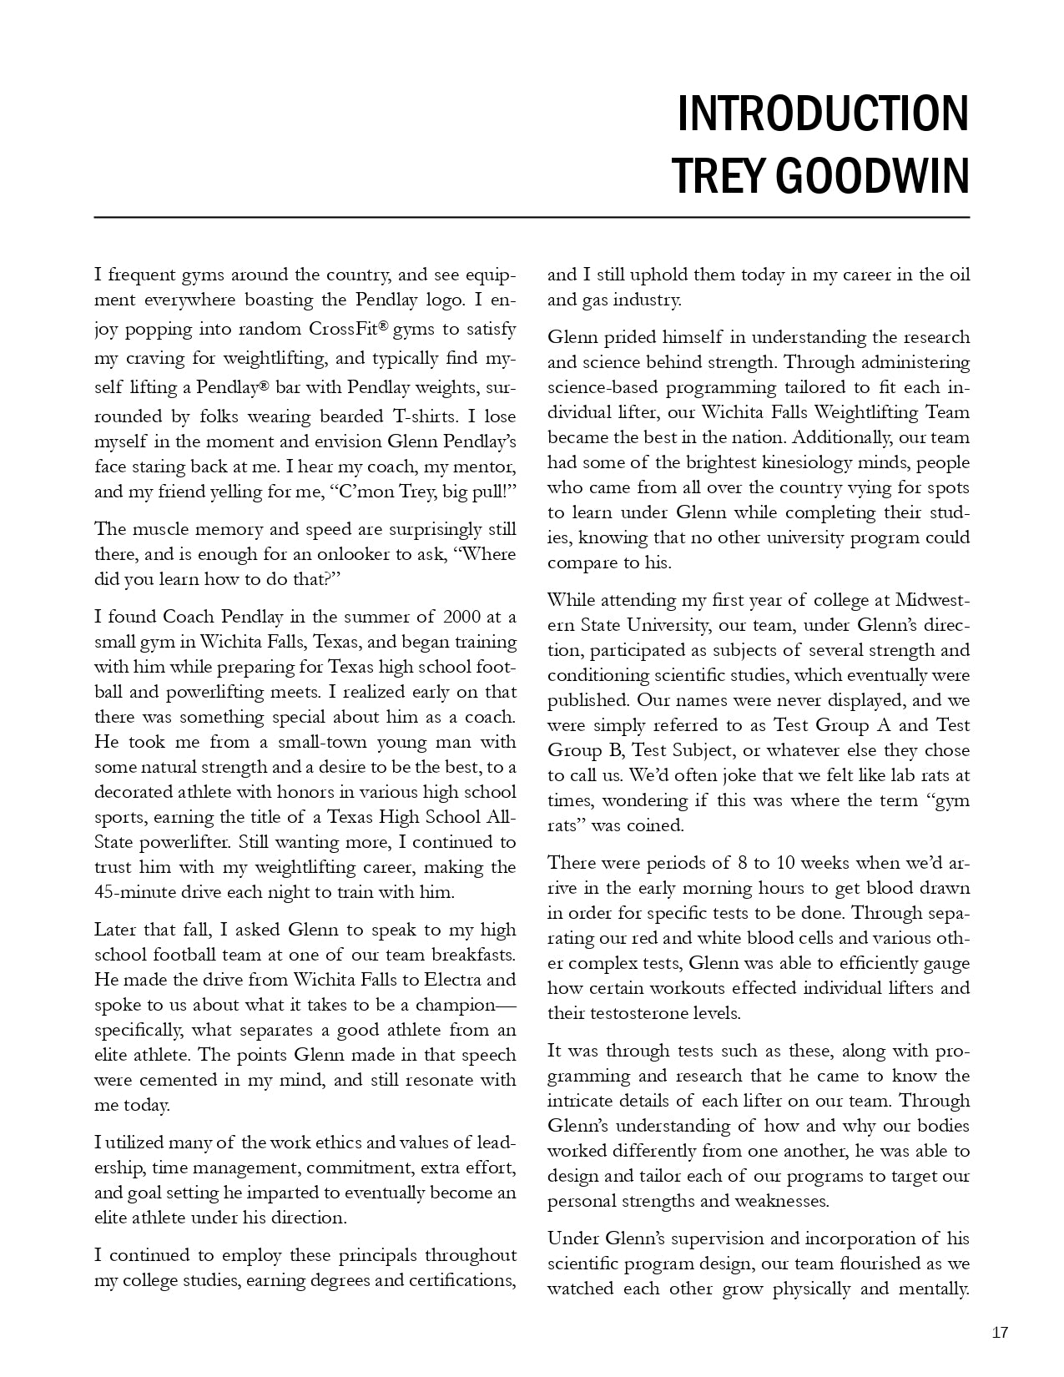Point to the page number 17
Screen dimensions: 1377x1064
[1000, 1333]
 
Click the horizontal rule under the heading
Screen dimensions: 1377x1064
[532, 217]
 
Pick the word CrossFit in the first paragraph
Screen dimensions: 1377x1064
[342, 329]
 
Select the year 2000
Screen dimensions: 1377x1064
[462, 617]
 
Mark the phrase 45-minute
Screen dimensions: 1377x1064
[134, 892]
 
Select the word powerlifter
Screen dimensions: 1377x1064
[164, 842]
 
